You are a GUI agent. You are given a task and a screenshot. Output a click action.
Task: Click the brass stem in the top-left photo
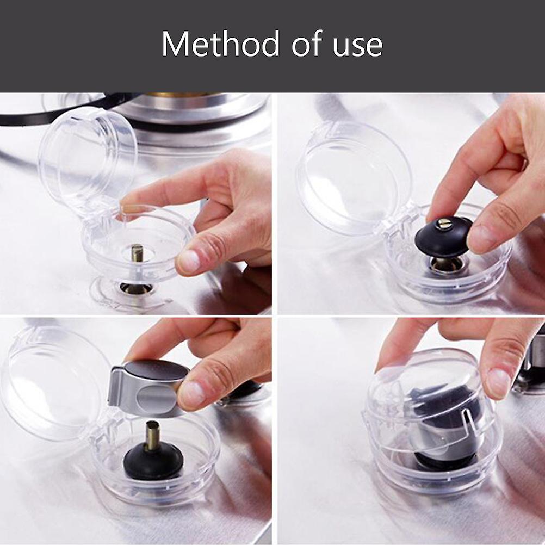tap(137, 253)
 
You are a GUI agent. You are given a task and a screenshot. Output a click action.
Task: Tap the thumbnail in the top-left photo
tap(189, 260)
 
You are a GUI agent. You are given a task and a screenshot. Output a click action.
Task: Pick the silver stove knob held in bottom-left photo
tap(150, 387)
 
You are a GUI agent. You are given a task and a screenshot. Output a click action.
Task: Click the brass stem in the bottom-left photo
tap(152, 436)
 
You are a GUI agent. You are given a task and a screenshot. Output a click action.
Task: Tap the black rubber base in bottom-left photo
tap(152, 462)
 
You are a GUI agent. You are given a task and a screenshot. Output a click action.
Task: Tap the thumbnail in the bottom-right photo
tap(499, 382)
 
